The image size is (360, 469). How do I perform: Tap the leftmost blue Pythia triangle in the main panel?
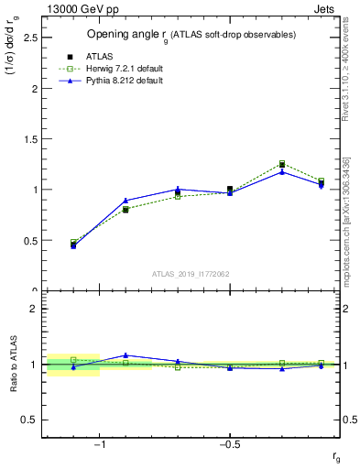pos(73,246)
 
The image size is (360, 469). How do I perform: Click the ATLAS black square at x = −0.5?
pos(230,189)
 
